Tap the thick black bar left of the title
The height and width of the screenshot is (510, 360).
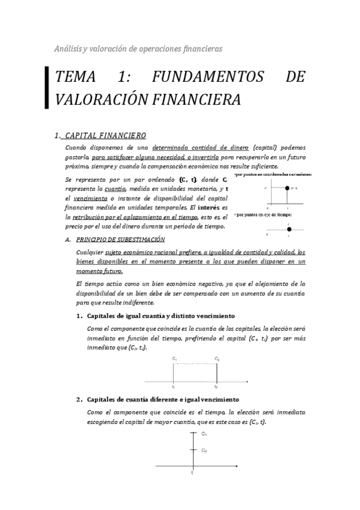pos(47,88)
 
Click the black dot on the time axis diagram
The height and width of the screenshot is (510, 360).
pos(289,229)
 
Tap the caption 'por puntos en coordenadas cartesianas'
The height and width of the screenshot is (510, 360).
pos(273,174)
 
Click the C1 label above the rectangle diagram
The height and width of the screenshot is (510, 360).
pos(174,358)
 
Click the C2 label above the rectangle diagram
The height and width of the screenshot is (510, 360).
pos(216,358)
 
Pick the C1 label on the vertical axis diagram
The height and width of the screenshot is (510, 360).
pos(204,434)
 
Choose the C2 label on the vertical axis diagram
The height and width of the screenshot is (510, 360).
pos(204,450)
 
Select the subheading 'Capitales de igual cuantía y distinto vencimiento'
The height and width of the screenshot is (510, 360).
pos(160,316)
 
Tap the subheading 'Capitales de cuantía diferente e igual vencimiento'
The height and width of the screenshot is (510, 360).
pos(163,399)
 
